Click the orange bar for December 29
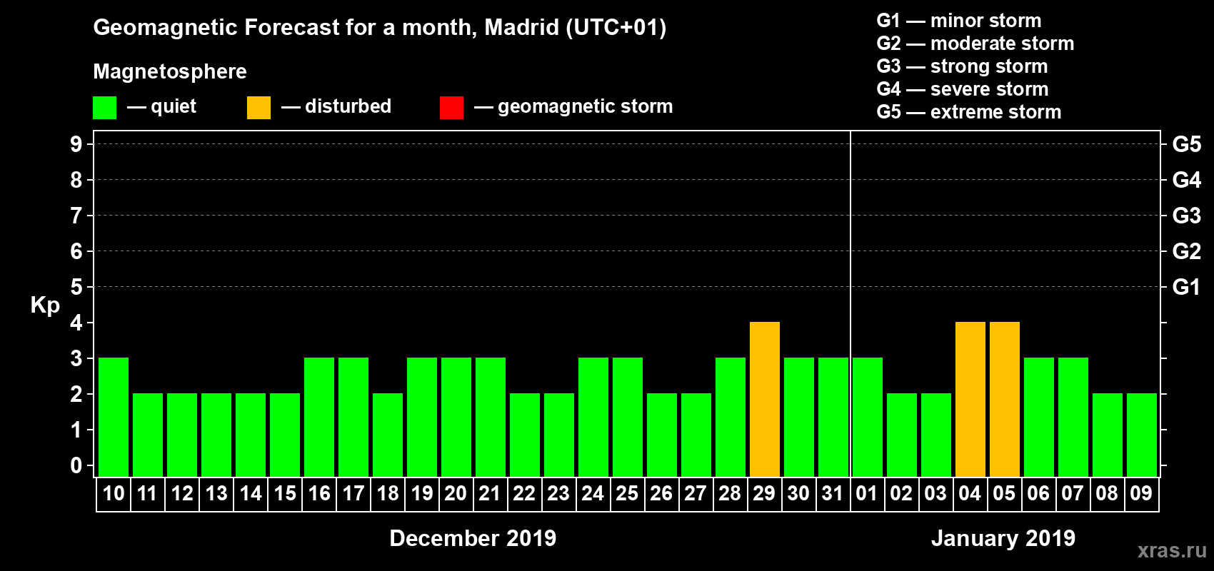[764, 399]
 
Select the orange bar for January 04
[970, 399]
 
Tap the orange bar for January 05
[1004, 399]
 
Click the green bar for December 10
[114, 417]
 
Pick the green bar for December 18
[388, 435]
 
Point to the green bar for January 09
[1141, 435]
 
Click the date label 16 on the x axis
[319, 493]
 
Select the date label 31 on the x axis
[833, 493]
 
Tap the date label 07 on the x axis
[1073, 493]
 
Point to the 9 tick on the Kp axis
[76, 144]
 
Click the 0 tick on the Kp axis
[76, 465]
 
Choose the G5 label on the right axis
[1186, 144]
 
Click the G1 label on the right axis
[1186, 287]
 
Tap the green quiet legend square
[104, 108]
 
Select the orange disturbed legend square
[259, 108]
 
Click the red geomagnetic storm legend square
[451, 108]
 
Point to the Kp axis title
[45, 305]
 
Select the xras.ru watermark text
[1172, 550]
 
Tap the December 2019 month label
[473, 538]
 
